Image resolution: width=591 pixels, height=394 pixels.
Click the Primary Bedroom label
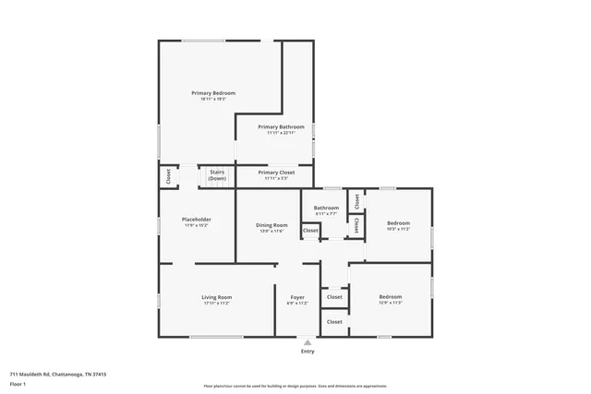click(213, 93)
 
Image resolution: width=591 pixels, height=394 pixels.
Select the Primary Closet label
click(276, 173)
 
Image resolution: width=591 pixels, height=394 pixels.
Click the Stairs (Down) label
click(217, 174)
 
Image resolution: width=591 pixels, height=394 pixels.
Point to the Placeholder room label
click(196, 220)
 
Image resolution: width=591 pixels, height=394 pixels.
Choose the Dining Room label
click(271, 225)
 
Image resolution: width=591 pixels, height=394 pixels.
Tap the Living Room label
click(216, 297)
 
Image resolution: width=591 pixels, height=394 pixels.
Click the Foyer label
click(296, 297)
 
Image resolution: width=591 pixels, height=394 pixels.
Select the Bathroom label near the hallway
click(326, 208)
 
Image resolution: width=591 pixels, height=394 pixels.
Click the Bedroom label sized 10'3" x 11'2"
click(398, 223)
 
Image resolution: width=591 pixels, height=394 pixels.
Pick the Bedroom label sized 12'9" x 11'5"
click(391, 297)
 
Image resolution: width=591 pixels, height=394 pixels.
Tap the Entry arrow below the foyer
click(308, 341)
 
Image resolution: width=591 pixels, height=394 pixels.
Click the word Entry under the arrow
click(308, 352)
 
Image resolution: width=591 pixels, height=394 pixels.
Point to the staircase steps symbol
click(214, 184)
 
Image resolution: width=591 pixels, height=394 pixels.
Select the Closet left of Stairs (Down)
click(168, 175)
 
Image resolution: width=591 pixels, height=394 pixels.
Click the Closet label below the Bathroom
click(310, 231)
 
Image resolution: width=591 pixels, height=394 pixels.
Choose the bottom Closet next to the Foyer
click(334, 321)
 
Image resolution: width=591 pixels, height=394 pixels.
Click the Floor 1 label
click(18, 383)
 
